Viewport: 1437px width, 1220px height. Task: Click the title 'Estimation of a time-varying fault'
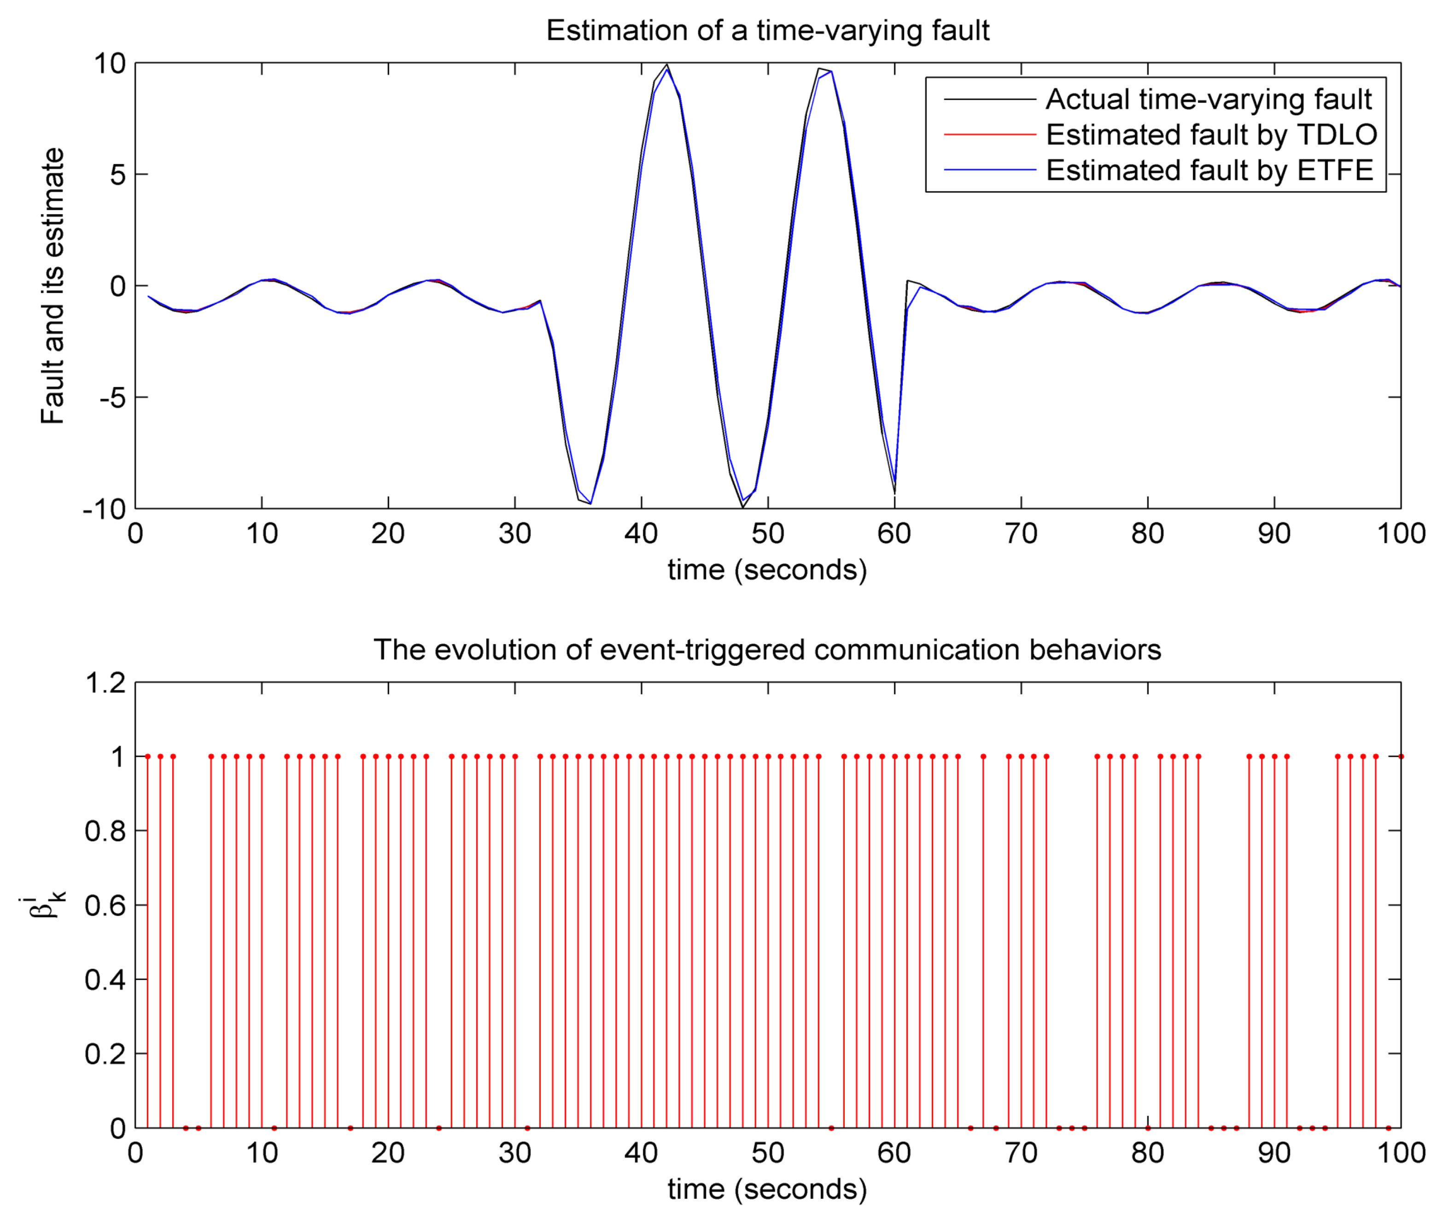tap(767, 30)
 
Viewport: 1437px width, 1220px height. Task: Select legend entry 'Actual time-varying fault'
tap(1208, 100)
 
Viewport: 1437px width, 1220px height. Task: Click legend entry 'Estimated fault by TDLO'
tap(1210, 135)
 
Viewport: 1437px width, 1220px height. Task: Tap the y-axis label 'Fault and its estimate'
tap(53, 286)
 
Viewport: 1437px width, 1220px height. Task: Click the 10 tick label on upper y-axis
tap(111, 64)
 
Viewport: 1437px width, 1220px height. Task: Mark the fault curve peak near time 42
tap(667, 65)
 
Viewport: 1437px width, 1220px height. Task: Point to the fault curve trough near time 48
tap(743, 508)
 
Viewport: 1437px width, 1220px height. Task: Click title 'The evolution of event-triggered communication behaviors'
tap(767, 650)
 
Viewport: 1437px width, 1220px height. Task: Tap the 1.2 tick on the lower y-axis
tap(105, 683)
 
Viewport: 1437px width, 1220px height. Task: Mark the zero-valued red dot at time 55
tap(831, 1128)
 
